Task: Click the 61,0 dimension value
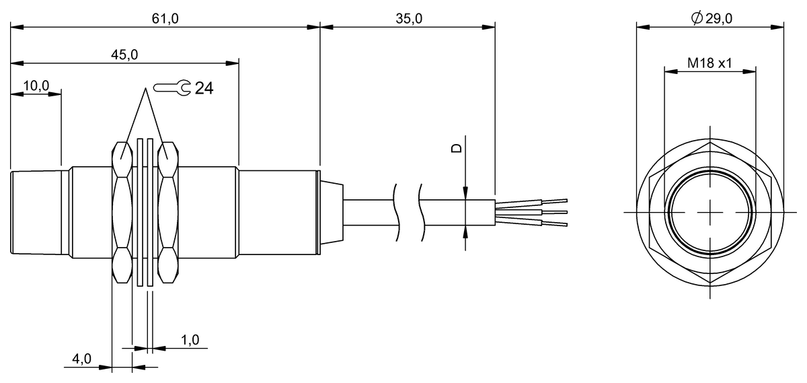pyautogui.click(x=165, y=19)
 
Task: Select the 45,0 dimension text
pyautogui.click(x=124, y=55)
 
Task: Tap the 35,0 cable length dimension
pyautogui.click(x=408, y=19)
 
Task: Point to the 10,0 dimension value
pyautogui.click(x=36, y=85)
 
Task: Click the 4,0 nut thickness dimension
pyautogui.click(x=81, y=359)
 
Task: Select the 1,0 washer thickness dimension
pyautogui.click(x=190, y=341)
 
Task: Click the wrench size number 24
pyautogui.click(x=204, y=88)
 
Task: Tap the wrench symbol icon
pyautogui.click(x=172, y=87)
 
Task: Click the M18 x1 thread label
pyautogui.click(x=709, y=63)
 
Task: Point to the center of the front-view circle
pyautogui.click(x=710, y=212)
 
